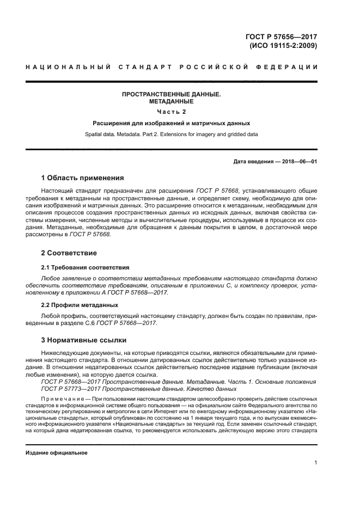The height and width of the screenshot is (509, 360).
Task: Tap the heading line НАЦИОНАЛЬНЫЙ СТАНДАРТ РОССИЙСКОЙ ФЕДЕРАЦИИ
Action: click(172, 68)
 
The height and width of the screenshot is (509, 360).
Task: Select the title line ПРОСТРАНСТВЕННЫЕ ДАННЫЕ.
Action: click(172, 94)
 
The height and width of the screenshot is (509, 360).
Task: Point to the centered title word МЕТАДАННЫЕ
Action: click(172, 102)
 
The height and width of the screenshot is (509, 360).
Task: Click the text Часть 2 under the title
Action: click(172, 112)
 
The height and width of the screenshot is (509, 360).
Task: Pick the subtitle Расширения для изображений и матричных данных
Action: click(172, 123)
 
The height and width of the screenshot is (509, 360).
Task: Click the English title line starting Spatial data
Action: click(172, 134)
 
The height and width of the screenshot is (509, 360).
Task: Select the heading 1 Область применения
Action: click(83, 178)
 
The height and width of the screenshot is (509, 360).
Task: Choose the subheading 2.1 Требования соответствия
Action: click(86, 268)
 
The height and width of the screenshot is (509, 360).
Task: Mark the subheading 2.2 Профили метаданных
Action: click(80, 305)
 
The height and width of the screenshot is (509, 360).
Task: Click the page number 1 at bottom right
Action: click(315, 463)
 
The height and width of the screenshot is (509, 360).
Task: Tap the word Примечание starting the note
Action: click(61, 398)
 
